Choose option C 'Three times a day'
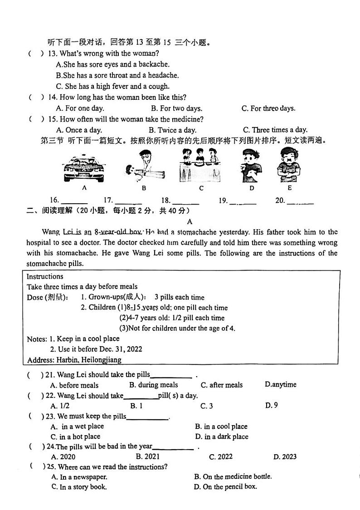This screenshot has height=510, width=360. (275, 130)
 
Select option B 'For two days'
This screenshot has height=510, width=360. (176, 108)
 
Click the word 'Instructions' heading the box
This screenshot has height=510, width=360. (45, 276)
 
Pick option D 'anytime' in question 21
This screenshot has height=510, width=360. (280, 385)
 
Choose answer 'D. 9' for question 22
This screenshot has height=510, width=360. (271, 405)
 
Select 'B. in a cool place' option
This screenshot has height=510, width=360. (221, 427)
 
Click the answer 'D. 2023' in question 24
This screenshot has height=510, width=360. (285, 456)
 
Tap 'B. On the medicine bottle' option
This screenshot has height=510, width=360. (233, 476)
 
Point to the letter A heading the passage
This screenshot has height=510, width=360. (190, 222)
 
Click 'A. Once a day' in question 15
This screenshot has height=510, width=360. (79, 130)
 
